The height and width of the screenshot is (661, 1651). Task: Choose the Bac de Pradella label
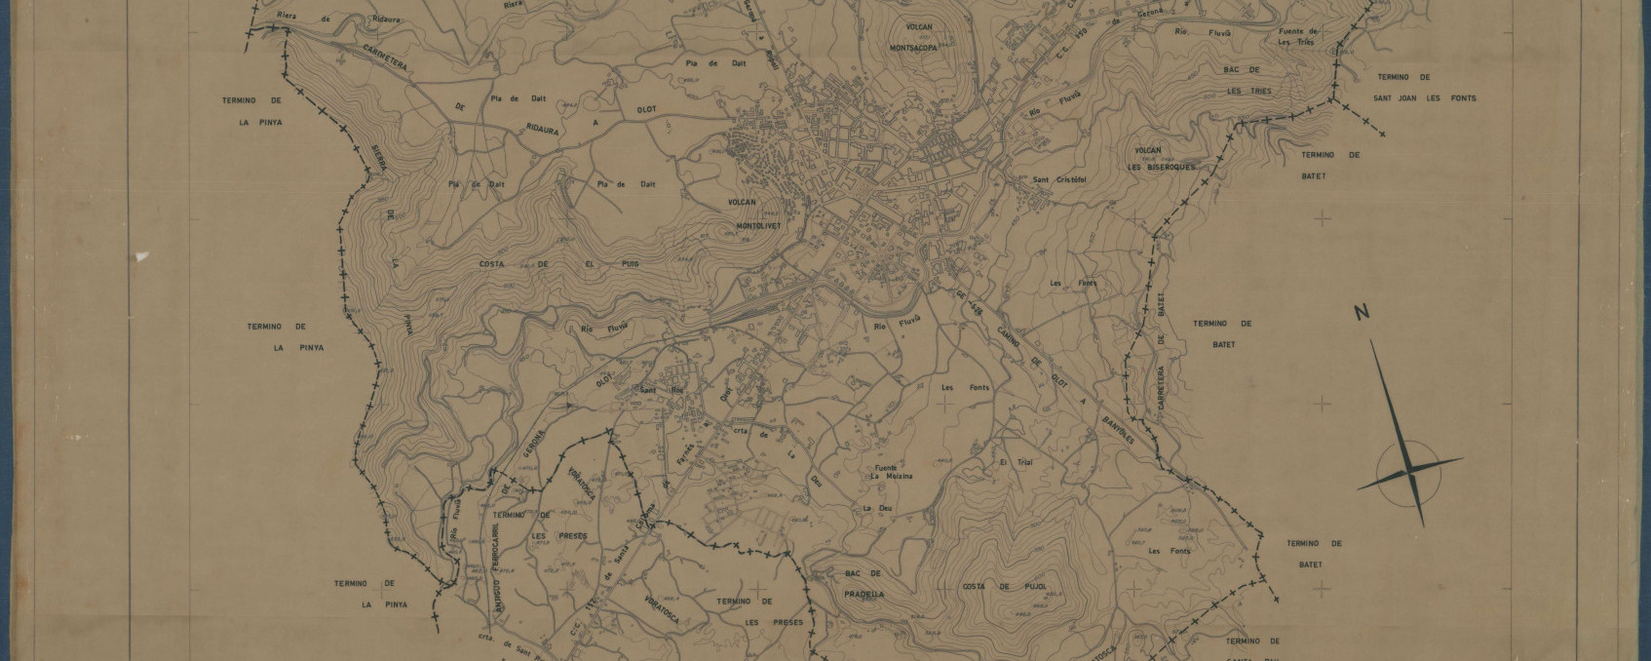(864, 584)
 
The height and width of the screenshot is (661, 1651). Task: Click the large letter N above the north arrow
(1362, 313)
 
